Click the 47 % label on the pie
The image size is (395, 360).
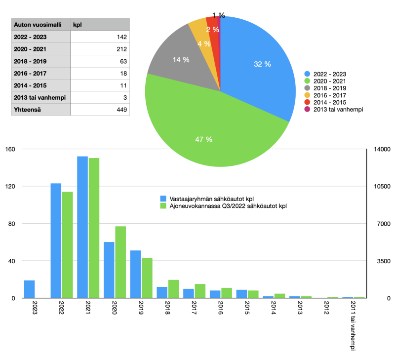coord(203,140)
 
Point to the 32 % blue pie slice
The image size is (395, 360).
coord(262,64)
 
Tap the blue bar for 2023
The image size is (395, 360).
coord(30,289)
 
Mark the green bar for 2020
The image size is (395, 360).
coord(120,262)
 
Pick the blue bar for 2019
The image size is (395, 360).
coord(136,274)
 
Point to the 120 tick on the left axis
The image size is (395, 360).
coord(11,186)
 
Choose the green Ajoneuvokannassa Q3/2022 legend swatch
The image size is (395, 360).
coord(164,205)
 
